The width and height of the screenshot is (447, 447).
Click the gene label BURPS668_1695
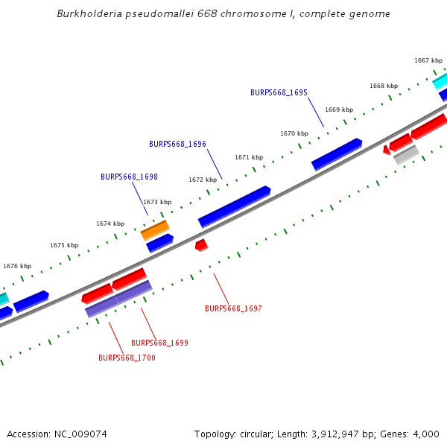(x=279, y=93)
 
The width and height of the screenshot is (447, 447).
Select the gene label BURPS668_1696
(x=177, y=145)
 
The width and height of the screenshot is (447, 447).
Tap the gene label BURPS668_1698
(x=129, y=177)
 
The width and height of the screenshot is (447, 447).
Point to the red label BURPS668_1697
(x=233, y=308)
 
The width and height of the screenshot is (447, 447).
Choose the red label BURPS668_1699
(x=159, y=343)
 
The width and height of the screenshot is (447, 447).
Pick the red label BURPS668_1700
(x=127, y=358)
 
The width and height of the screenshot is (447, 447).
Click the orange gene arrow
(x=155, y=230)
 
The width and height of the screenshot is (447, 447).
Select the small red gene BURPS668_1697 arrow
(x=200, y=244)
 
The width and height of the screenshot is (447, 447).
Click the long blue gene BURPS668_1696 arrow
(x=234, y=206)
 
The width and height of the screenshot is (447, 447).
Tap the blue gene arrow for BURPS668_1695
(x=337, y=154)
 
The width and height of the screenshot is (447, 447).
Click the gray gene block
(x=406, y=154)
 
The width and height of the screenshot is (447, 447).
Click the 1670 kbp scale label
(x=294, y=134)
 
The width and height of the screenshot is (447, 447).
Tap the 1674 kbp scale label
(x=110, y=224)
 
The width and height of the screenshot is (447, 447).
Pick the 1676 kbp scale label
(x=17, y=266)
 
